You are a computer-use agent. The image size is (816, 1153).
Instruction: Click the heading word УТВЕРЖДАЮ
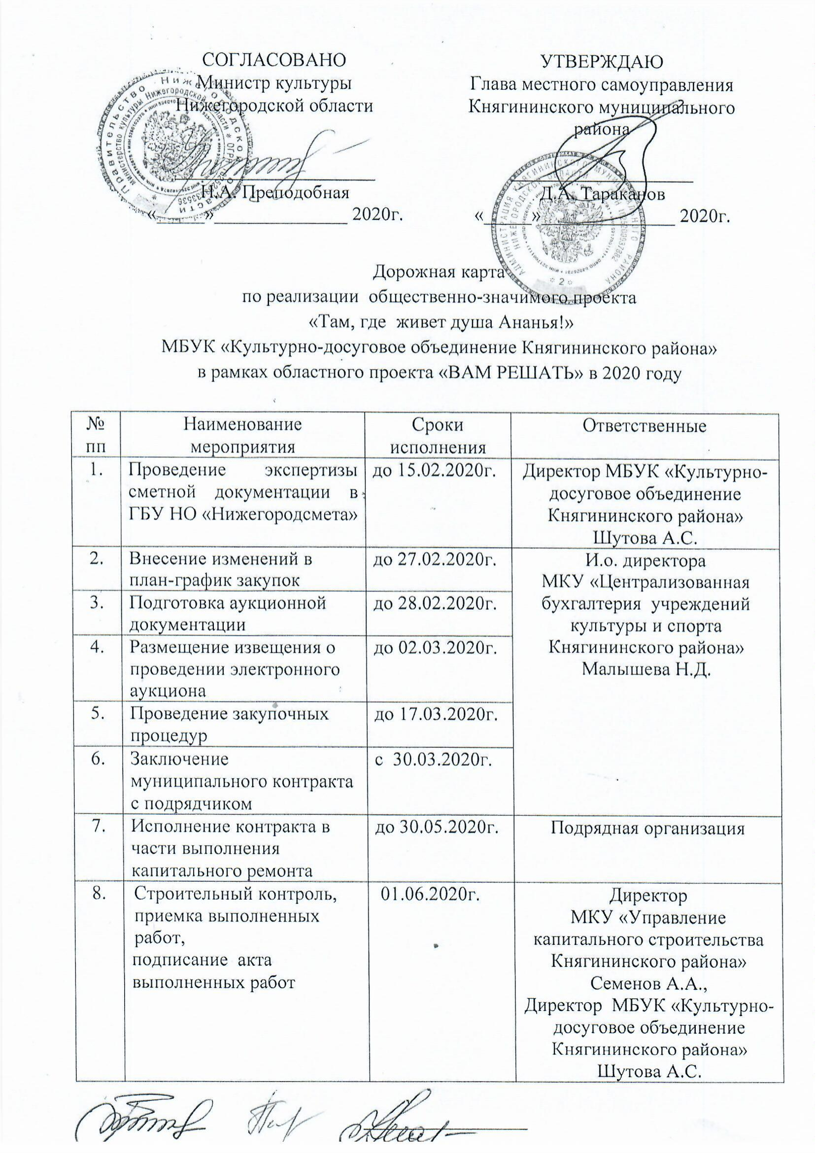tap(601, 62)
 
